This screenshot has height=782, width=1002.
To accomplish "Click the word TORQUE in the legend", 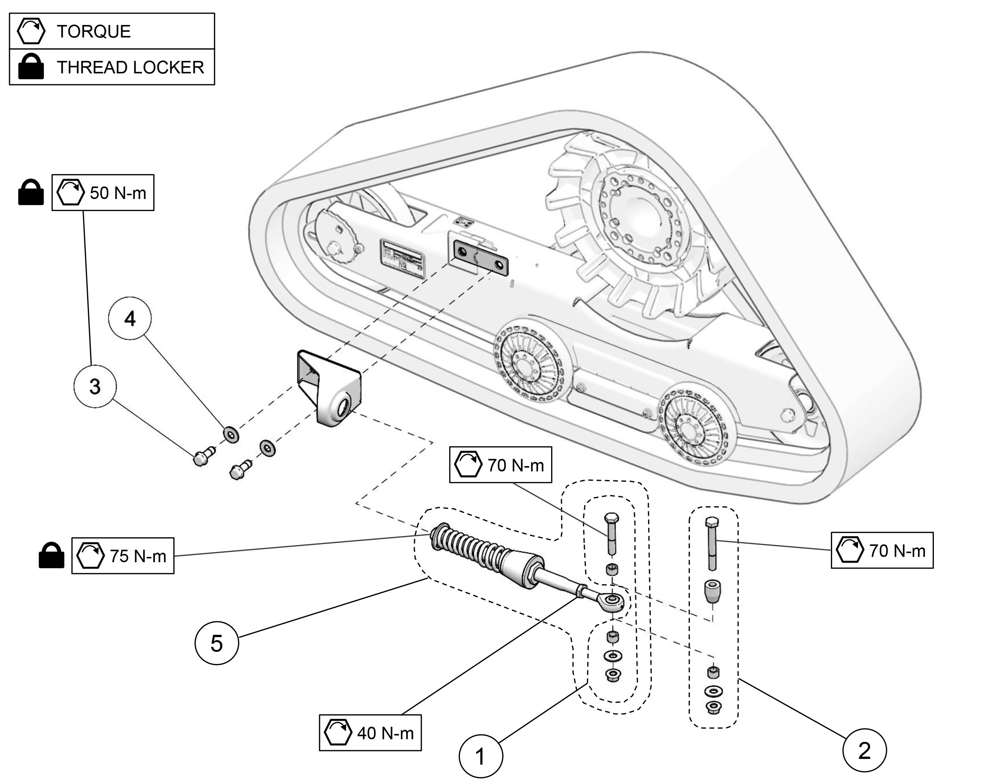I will (93, 31).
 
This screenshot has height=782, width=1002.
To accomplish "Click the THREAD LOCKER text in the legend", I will (130, 67).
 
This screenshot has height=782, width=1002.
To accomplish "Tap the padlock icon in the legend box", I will (31, 67).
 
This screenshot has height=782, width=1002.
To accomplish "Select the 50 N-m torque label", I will (103, 193).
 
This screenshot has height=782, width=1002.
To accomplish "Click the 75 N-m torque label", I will (123, 556).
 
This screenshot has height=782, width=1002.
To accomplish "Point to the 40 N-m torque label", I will (370, 733).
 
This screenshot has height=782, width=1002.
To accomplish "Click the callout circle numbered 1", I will (480, 756).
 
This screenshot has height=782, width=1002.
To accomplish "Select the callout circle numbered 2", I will (864, 750).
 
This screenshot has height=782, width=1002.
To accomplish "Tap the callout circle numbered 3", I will (95, 386).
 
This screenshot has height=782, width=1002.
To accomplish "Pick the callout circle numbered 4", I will (130, 318).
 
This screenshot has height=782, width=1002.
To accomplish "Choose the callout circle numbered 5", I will (217, 643).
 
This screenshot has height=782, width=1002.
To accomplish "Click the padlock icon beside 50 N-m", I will (31, 193).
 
